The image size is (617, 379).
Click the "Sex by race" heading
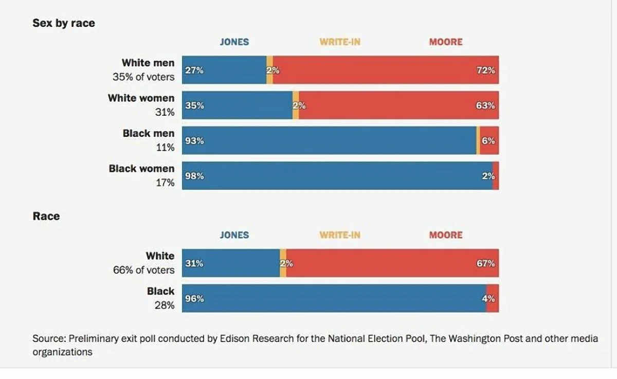coord(64,23)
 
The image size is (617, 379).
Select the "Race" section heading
coord(46,216)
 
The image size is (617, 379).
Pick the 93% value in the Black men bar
coord(194,140)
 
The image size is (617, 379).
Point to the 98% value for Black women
coord(194,176)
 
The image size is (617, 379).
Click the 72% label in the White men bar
coord(486,70)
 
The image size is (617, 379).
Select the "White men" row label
coord(148,63)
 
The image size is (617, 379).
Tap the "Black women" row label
coord(141,168)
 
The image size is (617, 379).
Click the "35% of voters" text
coord(143,77)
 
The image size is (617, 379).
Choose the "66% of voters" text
coord(143,270)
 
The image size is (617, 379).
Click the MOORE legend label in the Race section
coord(446,235)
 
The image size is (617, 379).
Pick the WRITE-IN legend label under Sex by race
coord(340,42)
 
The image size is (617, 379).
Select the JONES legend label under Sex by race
coord(234,42)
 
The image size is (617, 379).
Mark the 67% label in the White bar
coord(486,263)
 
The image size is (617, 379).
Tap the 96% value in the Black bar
coord(194,298)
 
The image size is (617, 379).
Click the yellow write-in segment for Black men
coord(478,140)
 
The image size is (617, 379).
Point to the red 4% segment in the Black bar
coord(493,298)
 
